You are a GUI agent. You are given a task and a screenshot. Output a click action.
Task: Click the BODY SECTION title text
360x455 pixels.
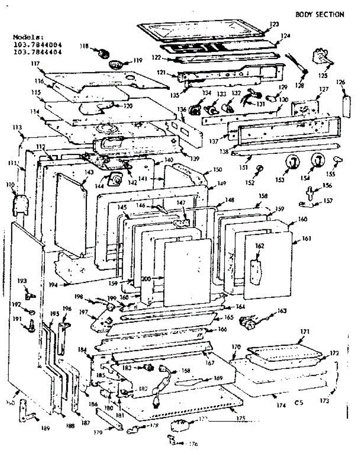coord(319,14)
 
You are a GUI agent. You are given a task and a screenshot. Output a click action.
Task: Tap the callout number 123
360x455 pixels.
coord(274,24)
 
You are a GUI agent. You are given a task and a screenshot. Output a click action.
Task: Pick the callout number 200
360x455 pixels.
coord(146,279)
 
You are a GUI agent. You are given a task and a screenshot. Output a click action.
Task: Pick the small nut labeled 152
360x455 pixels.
coord(260,168)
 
